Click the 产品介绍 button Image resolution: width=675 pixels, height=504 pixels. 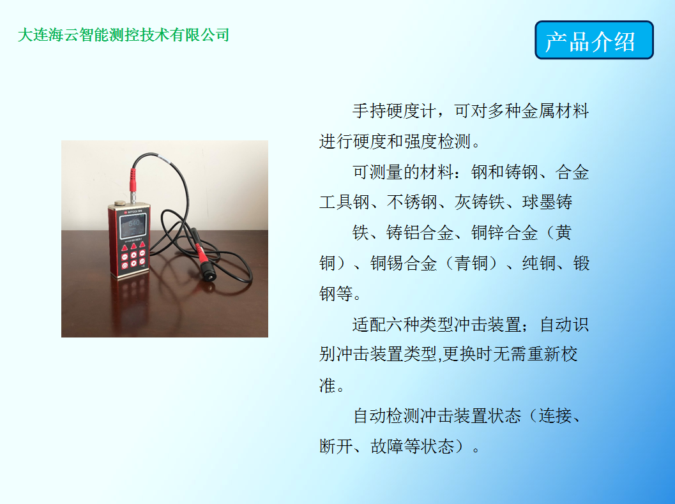point(594,40)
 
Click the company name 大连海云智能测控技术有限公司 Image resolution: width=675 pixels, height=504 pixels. point(123,35)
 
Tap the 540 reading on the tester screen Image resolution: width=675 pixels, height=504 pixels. point(134,223)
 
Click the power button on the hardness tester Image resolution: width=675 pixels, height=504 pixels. point(125,266)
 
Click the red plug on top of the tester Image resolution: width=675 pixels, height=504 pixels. point(133,180)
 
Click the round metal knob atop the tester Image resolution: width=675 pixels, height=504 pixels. point(119,203)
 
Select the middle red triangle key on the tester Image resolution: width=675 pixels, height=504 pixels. point(133,246)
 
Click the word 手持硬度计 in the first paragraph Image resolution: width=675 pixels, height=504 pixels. point(394,111)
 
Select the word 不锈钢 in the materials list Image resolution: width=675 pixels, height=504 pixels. point(411,202)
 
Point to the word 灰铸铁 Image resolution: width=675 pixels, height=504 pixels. point(480,202)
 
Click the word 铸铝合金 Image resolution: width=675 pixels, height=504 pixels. point(420,233)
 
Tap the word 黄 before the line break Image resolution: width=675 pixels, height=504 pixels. point(563,233)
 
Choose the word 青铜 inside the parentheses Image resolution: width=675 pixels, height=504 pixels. point(471,263)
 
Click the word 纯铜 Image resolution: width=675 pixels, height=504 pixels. point(538,263)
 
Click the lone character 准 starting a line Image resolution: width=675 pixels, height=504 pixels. point(327,385)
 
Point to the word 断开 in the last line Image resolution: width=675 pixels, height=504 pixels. point(336,447)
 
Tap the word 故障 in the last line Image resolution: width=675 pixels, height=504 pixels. point(386,447)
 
